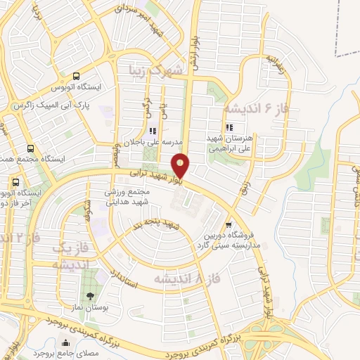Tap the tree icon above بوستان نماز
coord(89,295)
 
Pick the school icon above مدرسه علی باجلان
coord(152,130)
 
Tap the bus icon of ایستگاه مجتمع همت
coord(30,148)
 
